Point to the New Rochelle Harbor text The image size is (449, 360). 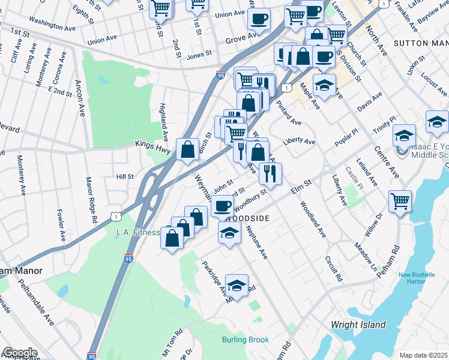pos(418,279)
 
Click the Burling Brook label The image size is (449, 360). pos(246,340)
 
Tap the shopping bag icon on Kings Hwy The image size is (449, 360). pos(187,150)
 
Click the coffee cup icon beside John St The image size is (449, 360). pos(222,206)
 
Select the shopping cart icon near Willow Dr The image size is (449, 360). pos(400,202)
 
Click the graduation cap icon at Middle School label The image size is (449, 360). pos(405,136)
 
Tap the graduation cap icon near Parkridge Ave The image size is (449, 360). pos(237,286)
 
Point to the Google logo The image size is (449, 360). pos(19,353)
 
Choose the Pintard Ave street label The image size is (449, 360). pos(289,113)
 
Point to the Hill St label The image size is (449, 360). pos(125,177)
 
